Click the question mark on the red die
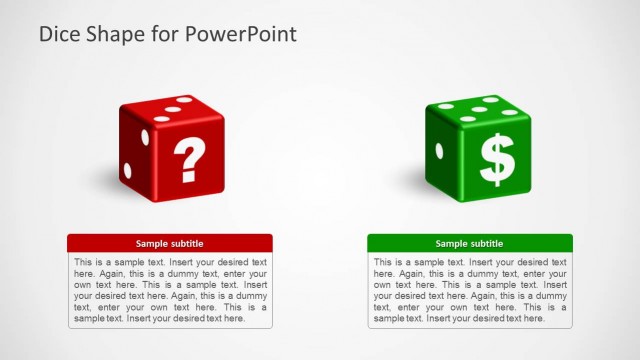click(x=189, y=159)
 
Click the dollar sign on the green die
click(x=497, y=161)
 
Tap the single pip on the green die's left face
click(x=439, y=150)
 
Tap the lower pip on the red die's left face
click(x=127, y=166)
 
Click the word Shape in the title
click(x=117, y=34)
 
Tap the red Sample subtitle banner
click(x=170, y=243)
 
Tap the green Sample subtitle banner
click(x=470, y=243)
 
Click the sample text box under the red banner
click(x=170, y=290)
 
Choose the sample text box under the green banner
click(x=470, y=290)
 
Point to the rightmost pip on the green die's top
click(x=509, y=112)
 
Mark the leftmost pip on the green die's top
click(x=446, y=106)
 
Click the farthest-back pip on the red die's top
click(x=184, y=101)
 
